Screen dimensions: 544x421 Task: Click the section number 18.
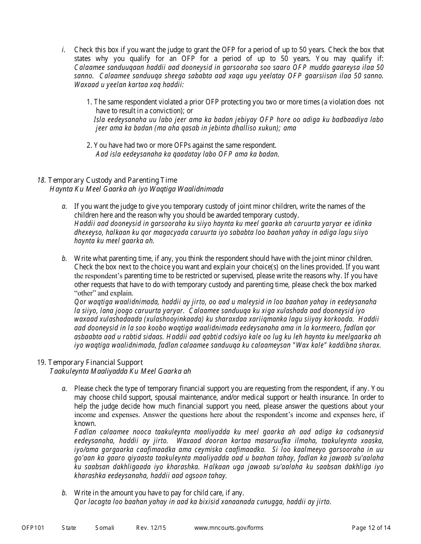pyautogui.click(x=41, y=180)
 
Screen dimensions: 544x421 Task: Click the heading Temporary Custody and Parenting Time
pyautogui.click(x=113, y=180)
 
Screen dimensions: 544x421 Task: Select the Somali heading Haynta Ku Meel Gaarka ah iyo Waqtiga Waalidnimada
pyautogui.click(x=136, y=189)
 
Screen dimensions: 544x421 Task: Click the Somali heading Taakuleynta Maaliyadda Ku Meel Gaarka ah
pyautogui.click(x=120, y=372)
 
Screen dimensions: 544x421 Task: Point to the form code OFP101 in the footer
pyautogui.click(x=33, y=528)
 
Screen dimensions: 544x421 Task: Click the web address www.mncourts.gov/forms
pyautogui.click(x=229, y=528)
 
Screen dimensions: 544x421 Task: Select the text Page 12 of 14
pyautogui.click(x=371, y=528)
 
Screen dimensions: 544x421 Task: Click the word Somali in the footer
pyautogui.click(x=105, y=528)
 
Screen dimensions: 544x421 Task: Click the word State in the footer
pyautogui.click(x=69, y=528)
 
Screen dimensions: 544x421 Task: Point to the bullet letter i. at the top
pyautogui.click(x=64, y=50)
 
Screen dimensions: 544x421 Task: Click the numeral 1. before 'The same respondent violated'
pyautogui.click(x=89, y=102)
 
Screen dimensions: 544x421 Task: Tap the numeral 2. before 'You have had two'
pyautogui.click(x=89, y=145)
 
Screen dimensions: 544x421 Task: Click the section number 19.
pyautogui.click(x=41, y=363)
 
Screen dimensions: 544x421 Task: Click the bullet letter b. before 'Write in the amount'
pyautogui.click(x=64, y=493)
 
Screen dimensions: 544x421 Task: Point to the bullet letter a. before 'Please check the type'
pyautogui.click(x=64, y=389)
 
